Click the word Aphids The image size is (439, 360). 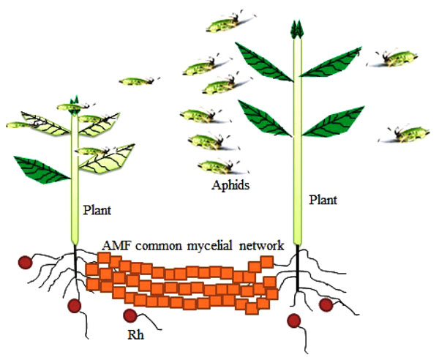(x=230, y=185)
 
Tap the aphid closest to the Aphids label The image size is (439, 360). (x=219, y=165)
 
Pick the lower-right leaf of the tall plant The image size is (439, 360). (x=332, y=121)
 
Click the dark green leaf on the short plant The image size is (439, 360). (x=42, y=169)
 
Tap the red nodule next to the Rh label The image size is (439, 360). (x=130, y=316)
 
